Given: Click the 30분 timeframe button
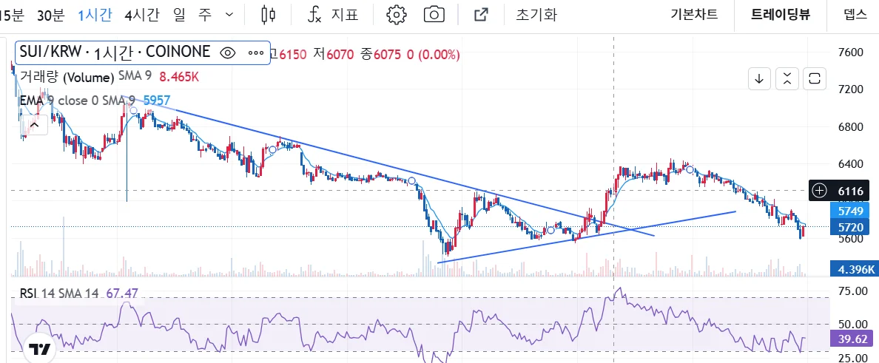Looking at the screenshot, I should point(50,14).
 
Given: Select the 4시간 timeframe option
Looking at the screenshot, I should point(141,14).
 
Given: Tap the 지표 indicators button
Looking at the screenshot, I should point(335,14).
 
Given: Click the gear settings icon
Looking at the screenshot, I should point(397,14).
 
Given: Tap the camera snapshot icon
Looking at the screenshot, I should point(434,14).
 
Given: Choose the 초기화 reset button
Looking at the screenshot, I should point(536,14).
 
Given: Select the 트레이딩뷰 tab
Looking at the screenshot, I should point(780,14).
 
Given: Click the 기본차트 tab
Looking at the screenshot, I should point(695,14).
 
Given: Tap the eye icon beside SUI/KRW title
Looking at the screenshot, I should point(228,52).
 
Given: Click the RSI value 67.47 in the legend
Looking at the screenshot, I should point(122,294).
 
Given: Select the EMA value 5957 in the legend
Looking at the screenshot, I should point(157,100).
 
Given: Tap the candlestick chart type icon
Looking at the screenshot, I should point(269,14).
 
